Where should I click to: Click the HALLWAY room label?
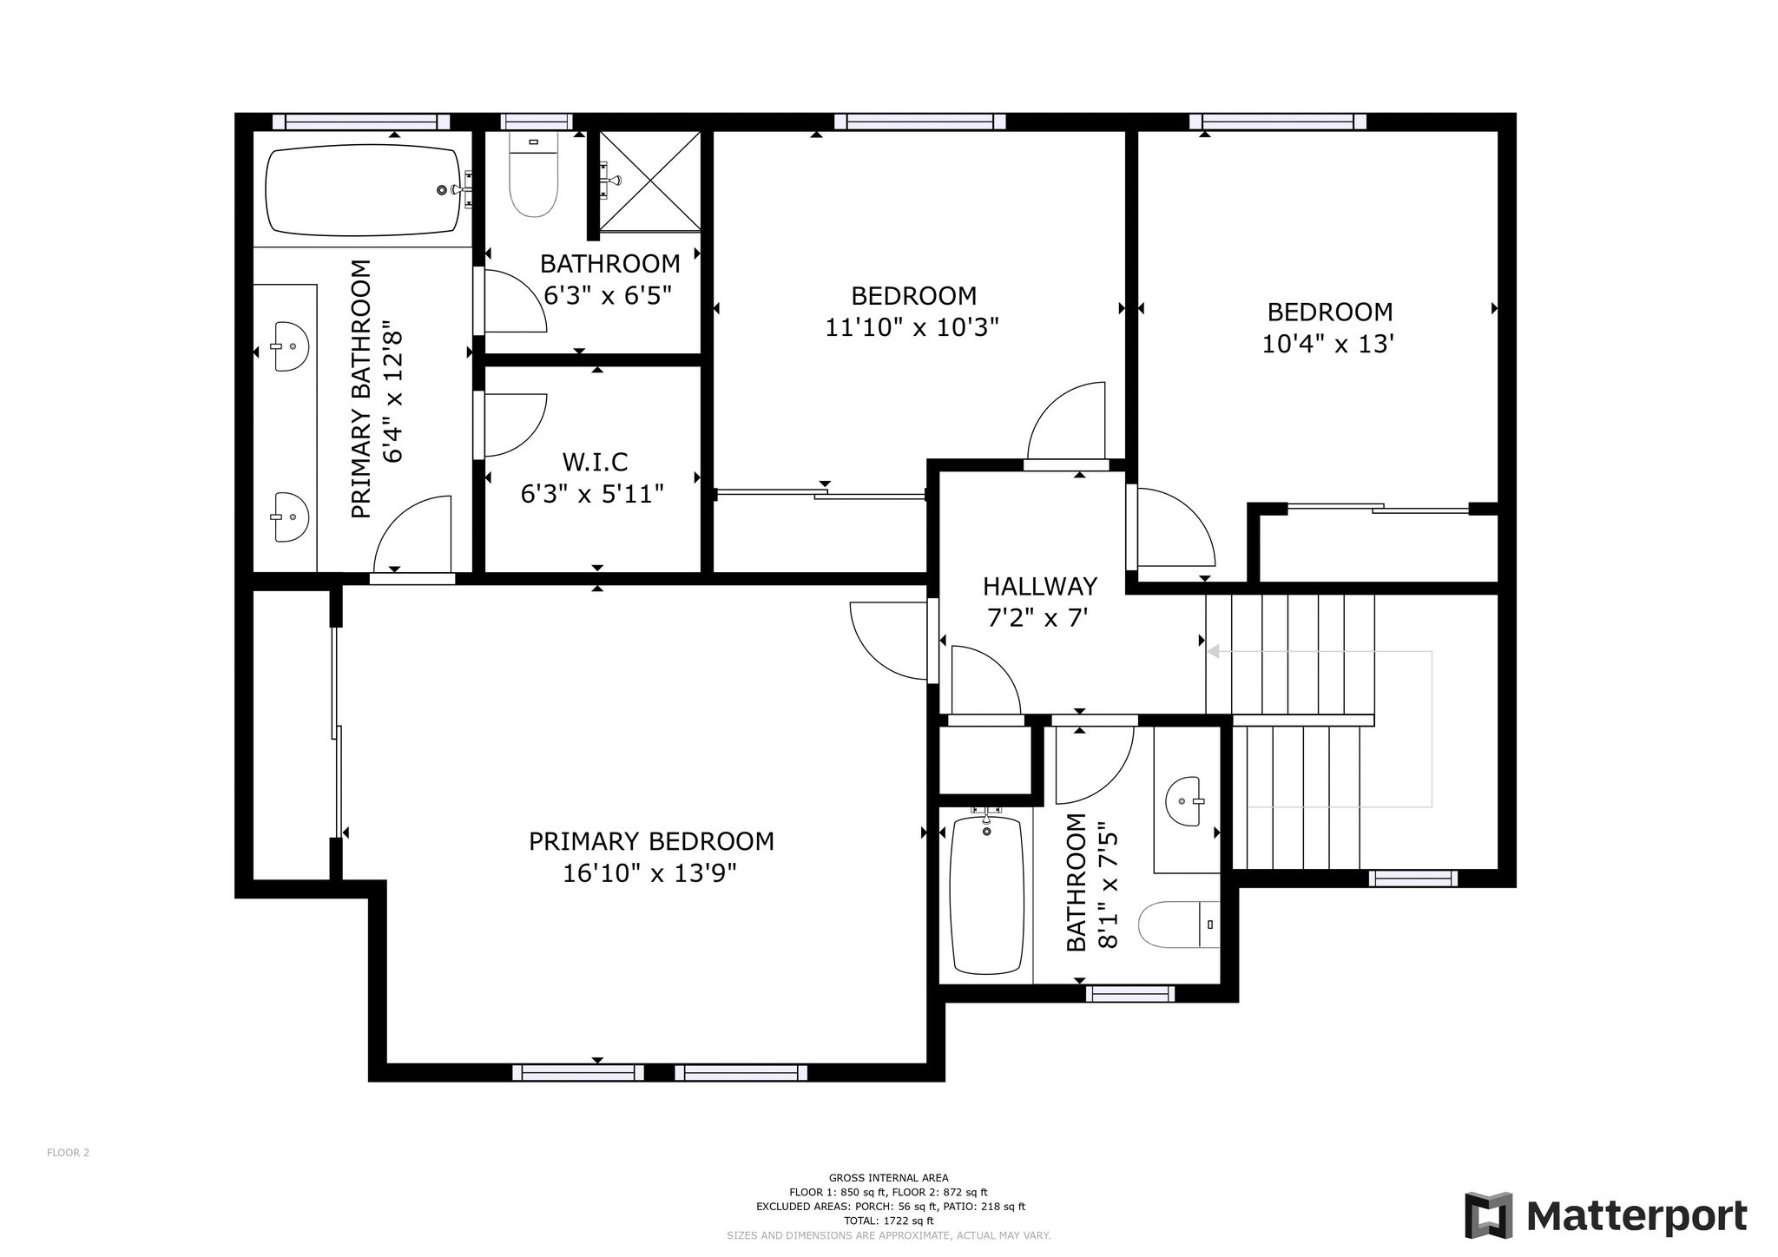tap(1040, 587)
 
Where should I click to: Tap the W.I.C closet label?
tap(596, 462)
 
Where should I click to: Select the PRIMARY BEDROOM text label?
tap(651, 841)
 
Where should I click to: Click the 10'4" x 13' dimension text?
tap(1328, 344)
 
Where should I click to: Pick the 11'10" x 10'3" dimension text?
tap(912, 328)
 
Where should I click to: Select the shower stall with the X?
tap(649, 181)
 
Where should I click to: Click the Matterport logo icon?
tap(1488, 1216)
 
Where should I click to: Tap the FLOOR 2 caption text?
tap(68, 1153)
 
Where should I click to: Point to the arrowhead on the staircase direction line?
tap(1214, 651)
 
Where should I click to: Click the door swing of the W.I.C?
tap(515, 424)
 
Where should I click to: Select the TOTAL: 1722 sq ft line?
tap(889, 1221)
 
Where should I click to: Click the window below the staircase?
tap(1413, 879)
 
